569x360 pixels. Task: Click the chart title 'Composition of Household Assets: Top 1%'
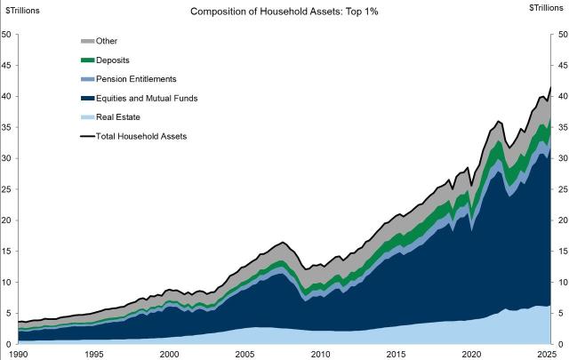[284, 12]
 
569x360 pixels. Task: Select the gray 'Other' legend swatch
[88, 41]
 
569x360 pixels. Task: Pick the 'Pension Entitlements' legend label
[142, 79]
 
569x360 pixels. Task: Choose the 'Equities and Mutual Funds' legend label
[154, 98]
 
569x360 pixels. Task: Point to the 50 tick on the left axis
[7, 35]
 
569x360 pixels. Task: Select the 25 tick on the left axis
[7, 189]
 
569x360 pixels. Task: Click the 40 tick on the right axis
[562, 97]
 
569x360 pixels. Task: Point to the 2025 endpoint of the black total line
[551, 87]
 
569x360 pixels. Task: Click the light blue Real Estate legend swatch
[88, 116]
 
